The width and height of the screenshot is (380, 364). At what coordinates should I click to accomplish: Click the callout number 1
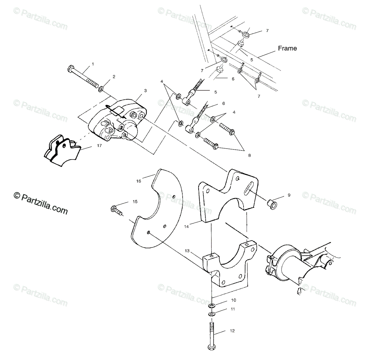tap(93, 64)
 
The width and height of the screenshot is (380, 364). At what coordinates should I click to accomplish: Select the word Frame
tap(287, 48)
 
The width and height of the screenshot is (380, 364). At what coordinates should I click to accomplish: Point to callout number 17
tap(99, 145)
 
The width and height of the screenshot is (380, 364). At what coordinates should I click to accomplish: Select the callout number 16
tap(138, 181)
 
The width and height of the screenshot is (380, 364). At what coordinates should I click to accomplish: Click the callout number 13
tap(187, 251)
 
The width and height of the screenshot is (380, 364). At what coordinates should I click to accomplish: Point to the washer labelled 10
tap(212, 306)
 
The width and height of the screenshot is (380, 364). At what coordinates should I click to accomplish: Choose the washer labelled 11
tap(212, 314)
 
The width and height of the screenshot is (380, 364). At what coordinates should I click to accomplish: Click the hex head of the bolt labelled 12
tap(211, 347)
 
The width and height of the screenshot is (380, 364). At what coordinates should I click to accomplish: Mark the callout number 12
tap(232, 331)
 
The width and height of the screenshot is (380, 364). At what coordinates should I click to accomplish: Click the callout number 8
tap(249, 155)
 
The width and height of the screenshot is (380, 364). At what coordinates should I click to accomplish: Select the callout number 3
tap(145, 91)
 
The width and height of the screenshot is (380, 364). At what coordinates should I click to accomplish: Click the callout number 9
tap(289, 195)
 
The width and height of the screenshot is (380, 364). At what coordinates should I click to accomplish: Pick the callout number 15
tap(135, 201)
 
